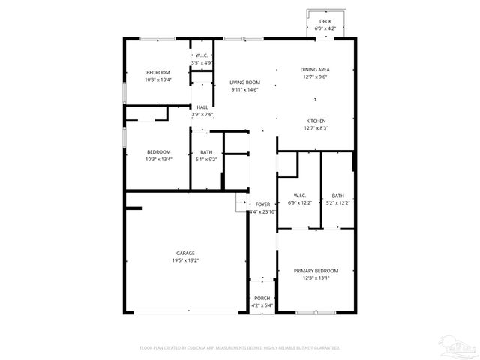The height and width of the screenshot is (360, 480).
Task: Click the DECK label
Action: pos(325,21)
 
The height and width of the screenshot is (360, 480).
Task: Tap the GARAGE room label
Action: pos(185,253)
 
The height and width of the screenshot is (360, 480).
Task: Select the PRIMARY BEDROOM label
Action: pos(316,271)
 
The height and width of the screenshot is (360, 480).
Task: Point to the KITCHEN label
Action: pos(316,121)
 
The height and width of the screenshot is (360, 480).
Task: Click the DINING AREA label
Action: pos(316,70)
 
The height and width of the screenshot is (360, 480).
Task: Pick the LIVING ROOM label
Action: pos(244,82)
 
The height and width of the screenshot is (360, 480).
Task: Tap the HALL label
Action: pos(202,107)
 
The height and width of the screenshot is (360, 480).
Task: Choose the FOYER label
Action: pos(262,205)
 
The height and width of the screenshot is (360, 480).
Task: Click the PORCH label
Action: pos(262,298)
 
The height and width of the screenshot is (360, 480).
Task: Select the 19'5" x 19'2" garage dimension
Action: pos(185,260)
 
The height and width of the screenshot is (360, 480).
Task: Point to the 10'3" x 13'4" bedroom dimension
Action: pos(158,159)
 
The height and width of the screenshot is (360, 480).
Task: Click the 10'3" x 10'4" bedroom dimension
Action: pos(158,79)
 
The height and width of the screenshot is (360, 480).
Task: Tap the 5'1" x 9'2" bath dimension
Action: pos(206,159)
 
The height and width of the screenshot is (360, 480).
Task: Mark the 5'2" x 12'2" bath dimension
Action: pos(338,202)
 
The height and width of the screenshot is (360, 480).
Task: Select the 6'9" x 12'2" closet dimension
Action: pos(300,202)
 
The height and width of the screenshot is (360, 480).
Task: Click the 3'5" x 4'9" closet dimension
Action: pos(202,62)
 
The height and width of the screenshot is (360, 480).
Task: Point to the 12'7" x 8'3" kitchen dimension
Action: pos(316,128)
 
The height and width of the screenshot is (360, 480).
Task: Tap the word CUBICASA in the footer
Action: pos(197,348)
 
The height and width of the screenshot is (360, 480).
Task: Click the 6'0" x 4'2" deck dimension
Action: pos(325,28)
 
